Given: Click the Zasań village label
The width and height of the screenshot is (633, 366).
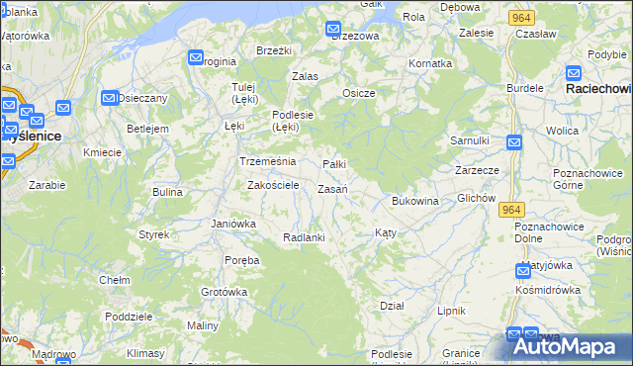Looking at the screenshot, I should (x=331, y=189).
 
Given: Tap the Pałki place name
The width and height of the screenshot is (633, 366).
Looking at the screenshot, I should (x=335, y=164).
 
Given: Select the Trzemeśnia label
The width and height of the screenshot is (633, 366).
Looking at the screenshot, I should (x=261, y=161).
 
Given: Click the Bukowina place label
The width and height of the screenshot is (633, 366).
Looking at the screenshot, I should (x=414, y=201).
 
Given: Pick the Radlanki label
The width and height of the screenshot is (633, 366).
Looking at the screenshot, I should (x=304, y=237).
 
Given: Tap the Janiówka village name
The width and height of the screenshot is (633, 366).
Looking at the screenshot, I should (x=233, y=224).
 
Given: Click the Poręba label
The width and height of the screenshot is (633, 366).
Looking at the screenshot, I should (x=241, y=260).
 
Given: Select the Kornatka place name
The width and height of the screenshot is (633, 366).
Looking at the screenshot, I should (x=430, y=63).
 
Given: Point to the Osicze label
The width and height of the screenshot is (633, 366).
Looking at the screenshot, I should (x=358, y=93).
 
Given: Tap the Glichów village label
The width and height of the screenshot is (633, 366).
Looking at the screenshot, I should (x=476, y=198).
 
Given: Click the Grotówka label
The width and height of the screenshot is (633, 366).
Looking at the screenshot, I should (x=224, y=292).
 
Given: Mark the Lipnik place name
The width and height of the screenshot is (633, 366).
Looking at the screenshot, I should (x=451, y=311).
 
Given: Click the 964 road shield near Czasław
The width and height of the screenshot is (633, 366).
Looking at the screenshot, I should (x=522, y=18).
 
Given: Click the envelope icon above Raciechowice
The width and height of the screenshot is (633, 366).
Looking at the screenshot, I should (x=574, y=72).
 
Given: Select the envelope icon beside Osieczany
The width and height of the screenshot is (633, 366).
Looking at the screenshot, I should (x=109, y=98).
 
